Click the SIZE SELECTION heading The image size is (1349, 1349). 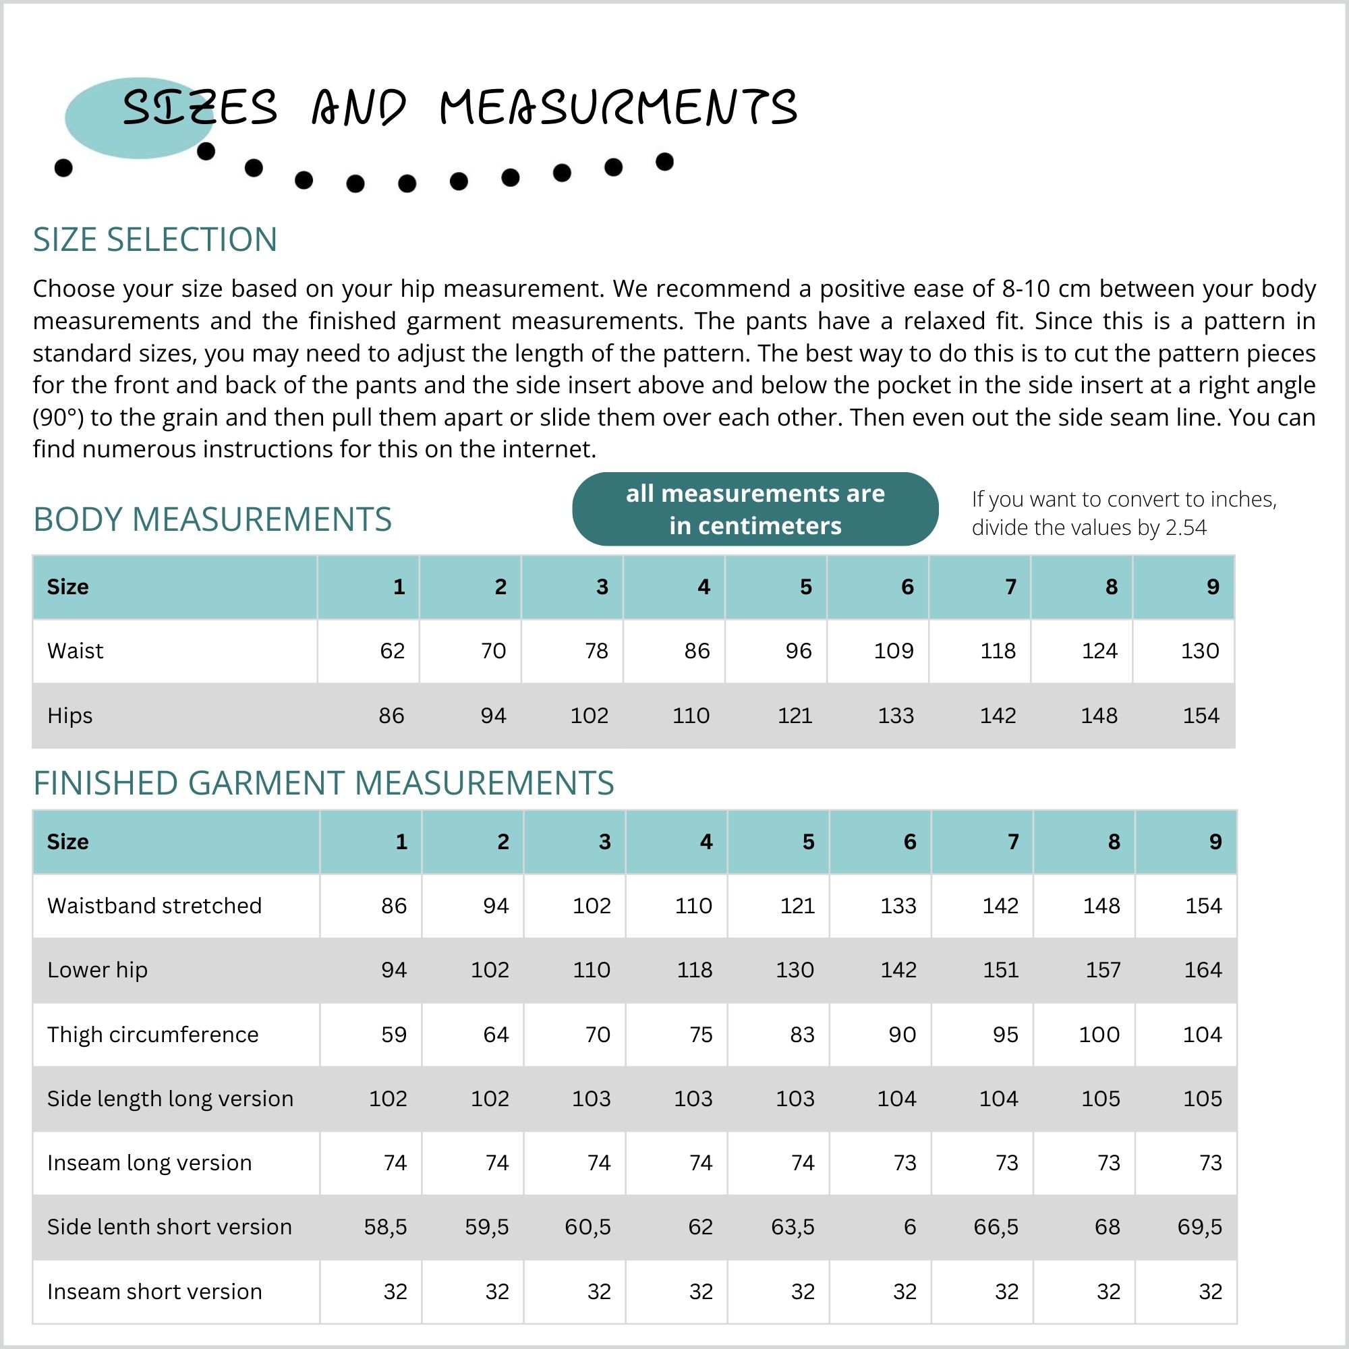coord(155,239)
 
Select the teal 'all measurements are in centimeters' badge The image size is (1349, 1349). coord(755,509)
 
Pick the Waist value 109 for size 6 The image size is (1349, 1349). coord(894,651)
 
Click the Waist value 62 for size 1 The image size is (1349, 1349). coord(393,651)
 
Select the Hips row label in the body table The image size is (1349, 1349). coord(70,716)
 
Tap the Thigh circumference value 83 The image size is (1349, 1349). coord(802,1034)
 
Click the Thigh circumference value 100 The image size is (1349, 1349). coord(1099,1034)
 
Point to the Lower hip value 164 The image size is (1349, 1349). coord(1203,970)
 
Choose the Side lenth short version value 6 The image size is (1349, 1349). coord(909,1227)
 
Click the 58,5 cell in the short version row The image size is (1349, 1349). coord(385,1227)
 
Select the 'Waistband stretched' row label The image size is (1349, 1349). coord(154,906)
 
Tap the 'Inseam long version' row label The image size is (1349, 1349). coord(150,1163)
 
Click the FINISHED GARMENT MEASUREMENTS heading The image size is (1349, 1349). coord(324,783)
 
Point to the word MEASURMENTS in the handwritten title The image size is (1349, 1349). coord(619,108)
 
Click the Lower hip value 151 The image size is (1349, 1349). coord(1000,970)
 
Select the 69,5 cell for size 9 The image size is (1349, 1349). coord(1199,1227)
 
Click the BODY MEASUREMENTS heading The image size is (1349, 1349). coord(212,519)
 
